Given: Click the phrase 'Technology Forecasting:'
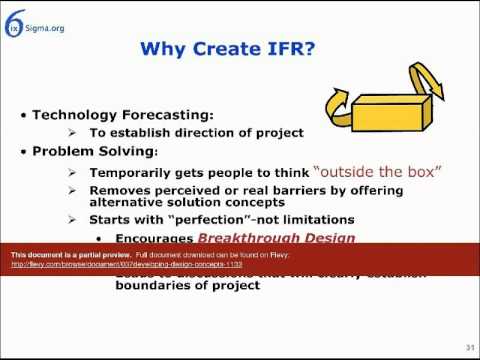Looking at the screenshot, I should pos(120,115).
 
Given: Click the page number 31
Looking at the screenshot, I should pos(467,347).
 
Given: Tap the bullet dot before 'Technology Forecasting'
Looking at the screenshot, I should pos(24,116).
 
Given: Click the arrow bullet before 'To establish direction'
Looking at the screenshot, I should pos(73,133).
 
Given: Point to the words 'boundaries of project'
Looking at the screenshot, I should pos(172,286).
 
